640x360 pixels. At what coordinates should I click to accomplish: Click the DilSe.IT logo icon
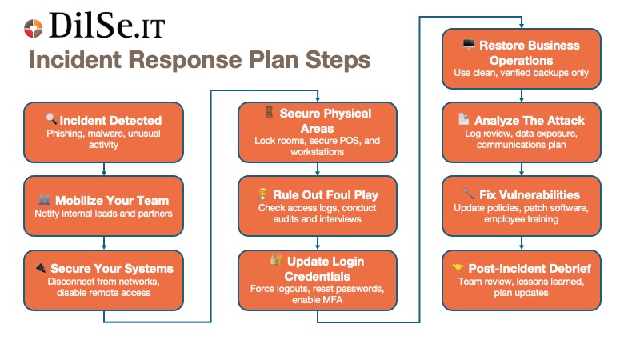tap(33, 29)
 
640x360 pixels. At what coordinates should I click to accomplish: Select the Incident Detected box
tap(105, 131)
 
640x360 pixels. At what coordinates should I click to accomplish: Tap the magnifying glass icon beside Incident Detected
tap(50, 121)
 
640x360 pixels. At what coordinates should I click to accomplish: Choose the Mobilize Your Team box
tap(105, 205)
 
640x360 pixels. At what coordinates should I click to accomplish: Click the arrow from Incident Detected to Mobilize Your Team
tap(105, 168)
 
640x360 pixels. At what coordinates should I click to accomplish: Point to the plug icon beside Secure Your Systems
tap(40, 268)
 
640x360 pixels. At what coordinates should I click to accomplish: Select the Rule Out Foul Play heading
tap(326, 194)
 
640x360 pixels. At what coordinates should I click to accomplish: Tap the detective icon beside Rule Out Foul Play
tap(262, 194)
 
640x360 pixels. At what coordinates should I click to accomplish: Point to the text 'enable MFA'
tap(318, 298)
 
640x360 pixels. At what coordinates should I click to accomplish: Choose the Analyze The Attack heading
tap(530, 121)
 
